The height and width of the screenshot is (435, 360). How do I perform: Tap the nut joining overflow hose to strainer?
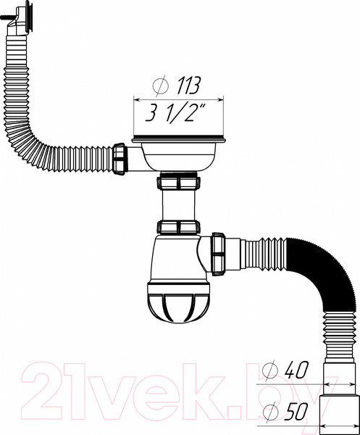[122, 157]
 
